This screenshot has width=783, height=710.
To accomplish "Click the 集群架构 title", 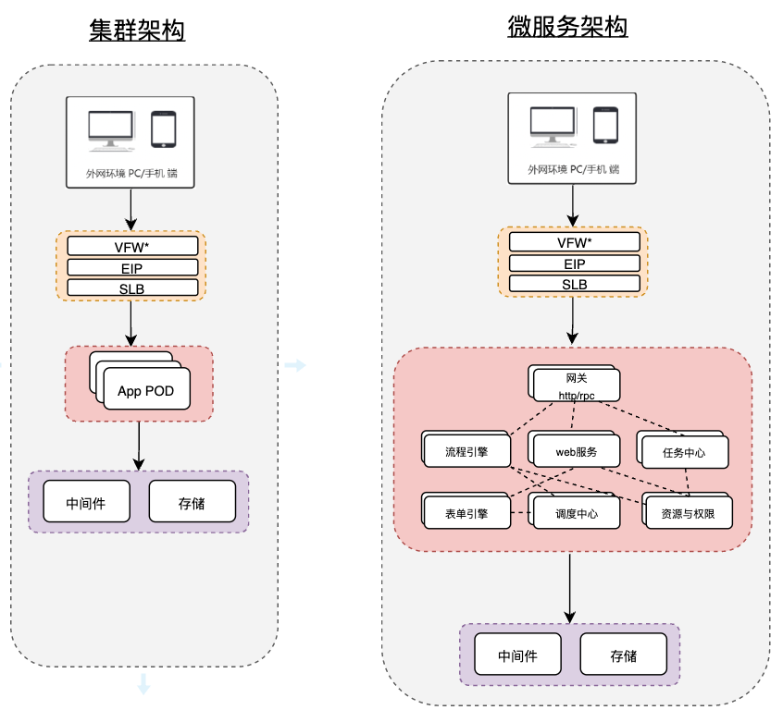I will click(137, 31).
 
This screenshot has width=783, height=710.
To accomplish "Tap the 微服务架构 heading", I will click(568, 28).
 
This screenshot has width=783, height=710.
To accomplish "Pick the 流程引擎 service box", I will click(466, 452).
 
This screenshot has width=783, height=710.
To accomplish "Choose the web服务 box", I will click(576, 452).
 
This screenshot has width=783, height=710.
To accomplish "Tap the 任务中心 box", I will click(684, 453).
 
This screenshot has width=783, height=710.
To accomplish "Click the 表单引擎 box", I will click(466, 513).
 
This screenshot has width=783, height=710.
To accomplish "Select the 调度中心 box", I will click(576, 513).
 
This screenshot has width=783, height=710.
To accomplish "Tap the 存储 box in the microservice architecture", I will click(623, 655).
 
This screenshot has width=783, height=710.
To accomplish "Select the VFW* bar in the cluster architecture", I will click(132, 246).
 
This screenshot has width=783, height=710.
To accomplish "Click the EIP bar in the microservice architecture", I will click(575, 263).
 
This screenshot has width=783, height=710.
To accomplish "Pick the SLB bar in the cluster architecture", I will click(132, 288).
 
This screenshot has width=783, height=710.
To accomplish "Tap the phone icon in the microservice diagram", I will click(606, 126).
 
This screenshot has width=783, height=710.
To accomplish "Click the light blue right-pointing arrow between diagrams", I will click(294, 366).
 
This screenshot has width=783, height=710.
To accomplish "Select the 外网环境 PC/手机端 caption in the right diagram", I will click(574, 170).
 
